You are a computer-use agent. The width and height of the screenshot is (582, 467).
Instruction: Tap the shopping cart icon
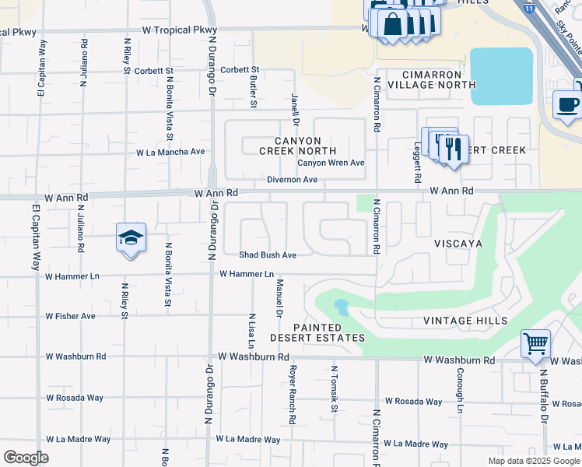535,343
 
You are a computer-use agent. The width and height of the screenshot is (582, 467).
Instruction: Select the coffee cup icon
567,104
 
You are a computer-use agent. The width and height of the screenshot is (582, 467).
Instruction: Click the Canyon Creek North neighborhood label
297,146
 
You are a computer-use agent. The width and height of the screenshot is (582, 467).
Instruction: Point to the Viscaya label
458,243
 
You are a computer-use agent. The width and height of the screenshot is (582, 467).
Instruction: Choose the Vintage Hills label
465,321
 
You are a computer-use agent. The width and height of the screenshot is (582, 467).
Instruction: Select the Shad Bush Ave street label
268,255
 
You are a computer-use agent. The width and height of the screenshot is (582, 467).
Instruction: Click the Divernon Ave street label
292,180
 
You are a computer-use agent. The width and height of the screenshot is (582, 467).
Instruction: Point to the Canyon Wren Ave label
331,163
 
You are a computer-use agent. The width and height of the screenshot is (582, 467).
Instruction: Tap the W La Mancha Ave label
170,152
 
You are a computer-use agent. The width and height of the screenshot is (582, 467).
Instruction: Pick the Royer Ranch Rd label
293,395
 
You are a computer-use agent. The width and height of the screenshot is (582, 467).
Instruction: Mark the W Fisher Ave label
70,316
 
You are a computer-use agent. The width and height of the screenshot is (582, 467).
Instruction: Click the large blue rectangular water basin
502,75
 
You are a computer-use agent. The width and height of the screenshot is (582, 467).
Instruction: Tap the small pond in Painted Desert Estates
340,305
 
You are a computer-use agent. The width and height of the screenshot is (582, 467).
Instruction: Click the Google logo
26,458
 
